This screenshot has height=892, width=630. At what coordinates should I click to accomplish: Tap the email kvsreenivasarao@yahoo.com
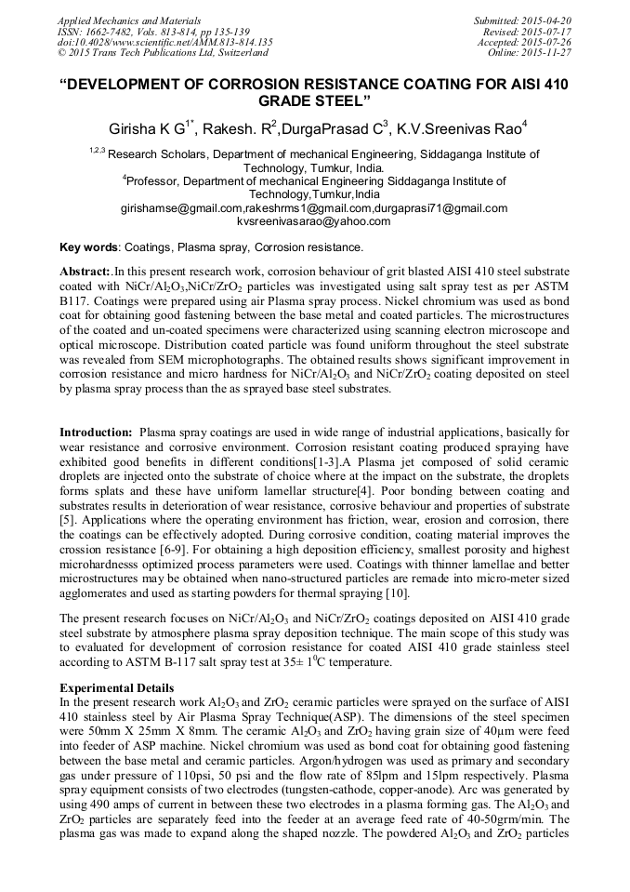(x=314, y=221)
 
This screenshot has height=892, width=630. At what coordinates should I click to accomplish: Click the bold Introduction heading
(x=95, y=433)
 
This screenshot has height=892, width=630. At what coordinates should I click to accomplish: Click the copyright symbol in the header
(x=62, y=53)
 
